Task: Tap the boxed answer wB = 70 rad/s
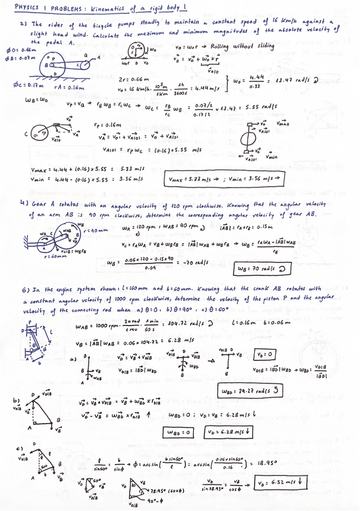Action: tap(263, 268)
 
